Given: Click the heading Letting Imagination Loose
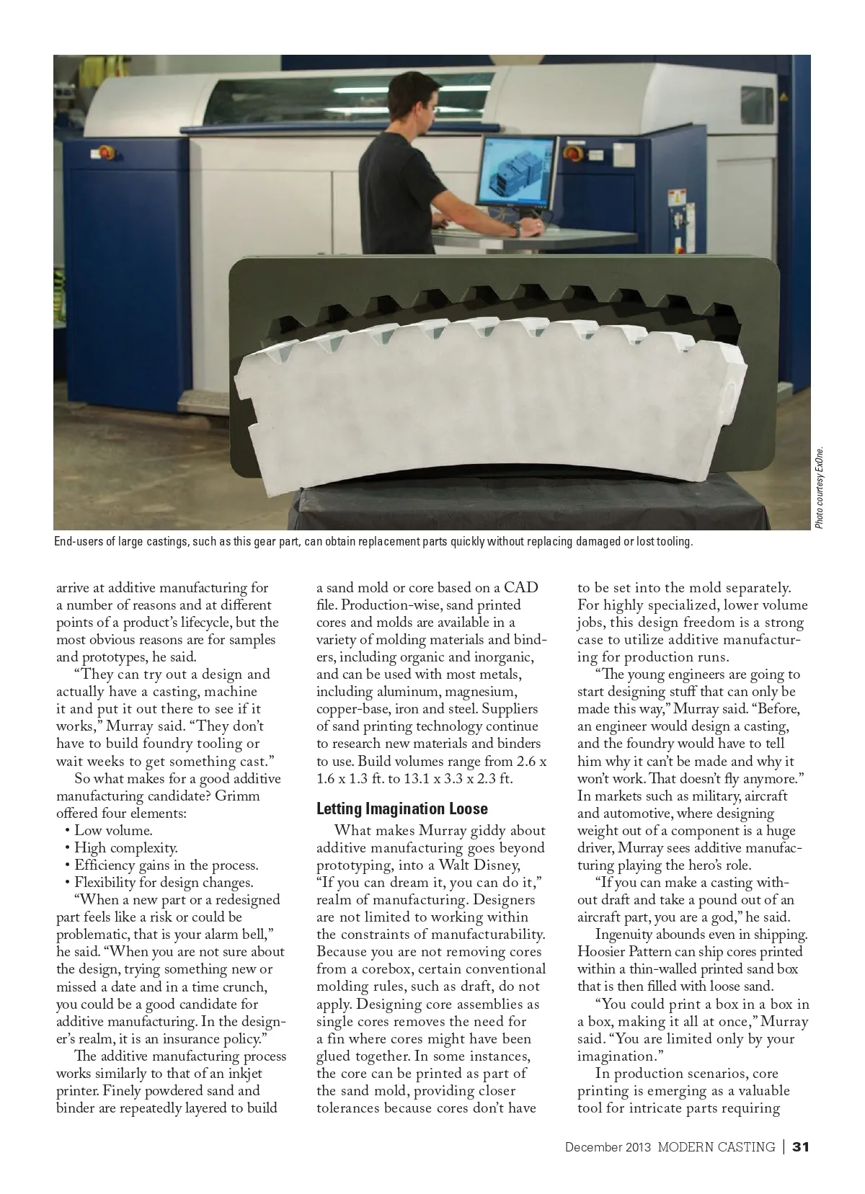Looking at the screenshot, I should coord(402,808).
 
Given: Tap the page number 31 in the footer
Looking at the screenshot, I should coord(801,1146).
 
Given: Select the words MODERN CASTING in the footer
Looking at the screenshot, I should coord(716,1146).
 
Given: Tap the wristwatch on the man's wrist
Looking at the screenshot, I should coord(515,228).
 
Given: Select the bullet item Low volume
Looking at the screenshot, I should coord(113,830).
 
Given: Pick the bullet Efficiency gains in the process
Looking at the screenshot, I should coord(166,865).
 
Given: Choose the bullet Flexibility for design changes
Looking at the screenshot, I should coord(164,882).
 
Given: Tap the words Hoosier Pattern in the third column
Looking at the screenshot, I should coord(615,951).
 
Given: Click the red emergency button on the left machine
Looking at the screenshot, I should coord(105,152).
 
